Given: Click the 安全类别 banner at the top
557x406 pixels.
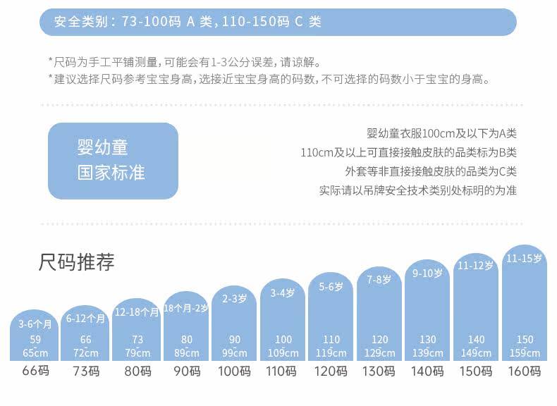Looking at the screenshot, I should (278, 22).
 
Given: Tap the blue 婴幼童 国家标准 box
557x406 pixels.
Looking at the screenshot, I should (113, 161).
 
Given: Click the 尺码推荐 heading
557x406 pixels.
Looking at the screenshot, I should (76, 263).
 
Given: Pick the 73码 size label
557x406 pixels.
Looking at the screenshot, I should (85, 371).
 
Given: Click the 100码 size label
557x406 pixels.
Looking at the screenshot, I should (234, 371).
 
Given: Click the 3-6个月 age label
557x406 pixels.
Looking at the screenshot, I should (35, 324).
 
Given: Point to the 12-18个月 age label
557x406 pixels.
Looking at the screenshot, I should (137, 312).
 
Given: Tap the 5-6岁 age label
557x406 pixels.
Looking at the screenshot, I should (331, 287).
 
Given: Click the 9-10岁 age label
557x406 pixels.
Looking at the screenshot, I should (427, 273).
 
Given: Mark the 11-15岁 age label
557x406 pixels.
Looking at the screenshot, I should (524, 259).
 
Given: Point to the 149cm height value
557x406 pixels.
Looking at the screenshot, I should (475, 353).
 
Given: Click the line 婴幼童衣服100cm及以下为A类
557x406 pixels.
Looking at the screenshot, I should (441, 133).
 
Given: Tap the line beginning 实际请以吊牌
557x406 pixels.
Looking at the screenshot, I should (417, 190).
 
